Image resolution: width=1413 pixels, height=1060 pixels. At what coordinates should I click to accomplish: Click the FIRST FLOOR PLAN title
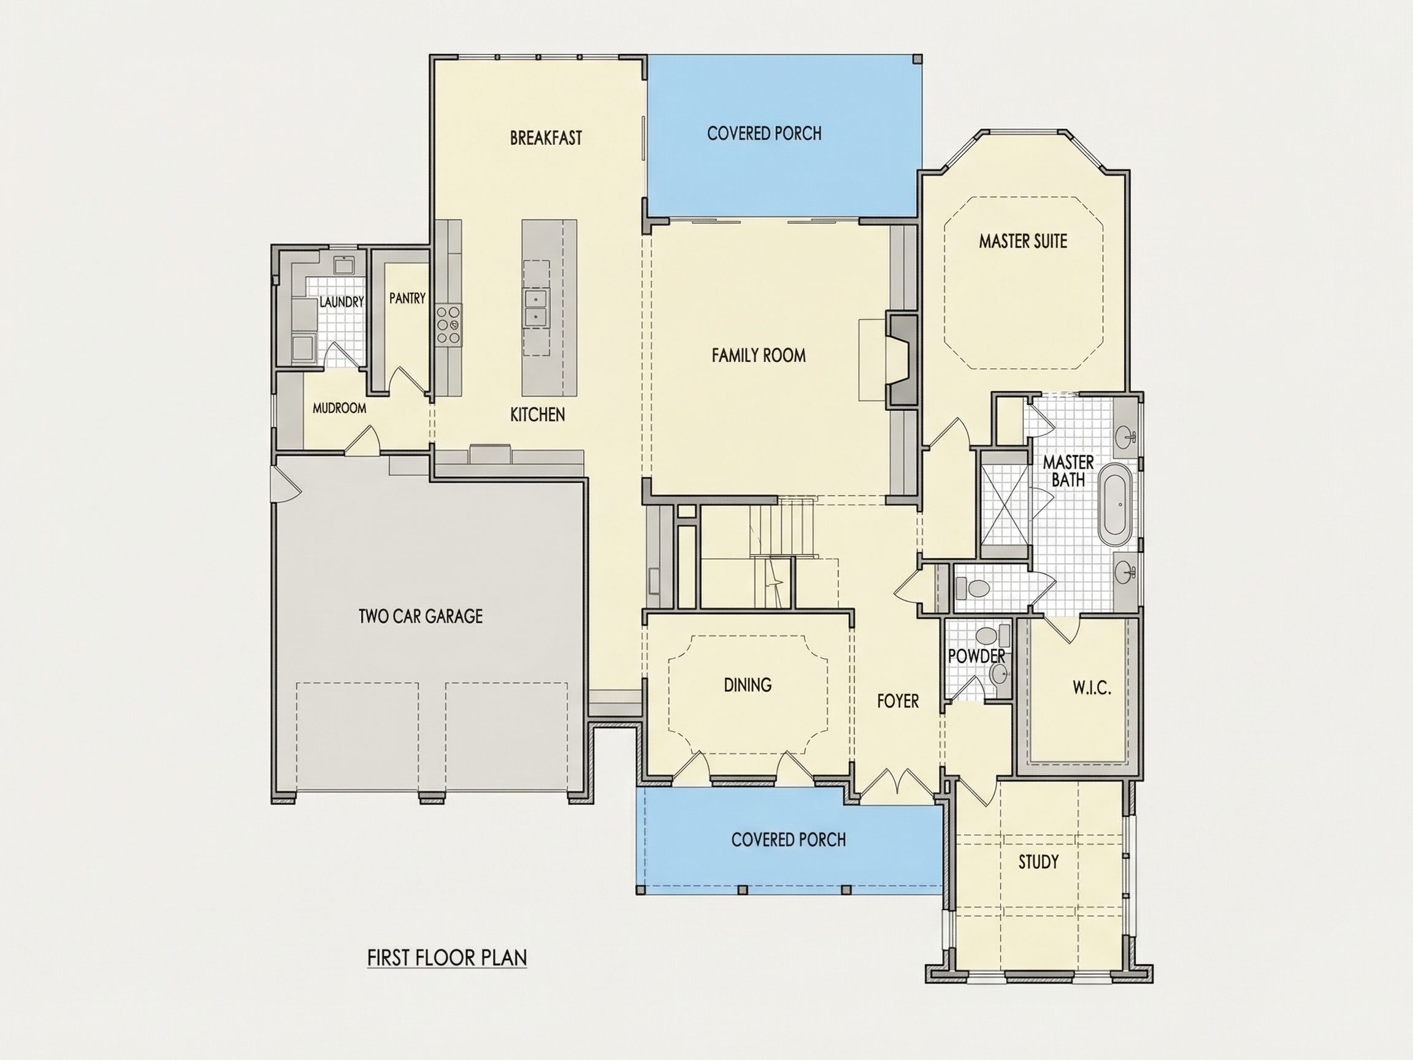tap(447, 958)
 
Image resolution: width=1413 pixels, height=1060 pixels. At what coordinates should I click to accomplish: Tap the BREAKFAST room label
tap(546, 138)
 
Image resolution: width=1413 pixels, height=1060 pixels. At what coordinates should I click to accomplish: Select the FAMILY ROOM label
tap(758, 355)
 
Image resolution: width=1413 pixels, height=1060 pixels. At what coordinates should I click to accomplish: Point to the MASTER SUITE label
tap(1023, 241)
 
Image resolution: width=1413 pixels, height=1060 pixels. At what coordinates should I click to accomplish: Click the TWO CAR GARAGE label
tap(420, 616)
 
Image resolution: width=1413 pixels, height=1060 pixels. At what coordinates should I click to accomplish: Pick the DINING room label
tap(748, 685)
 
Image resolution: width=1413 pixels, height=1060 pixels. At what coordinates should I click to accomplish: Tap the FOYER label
tap(897, 701)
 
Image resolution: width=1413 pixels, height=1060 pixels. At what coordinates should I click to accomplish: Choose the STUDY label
tap(1038, 862)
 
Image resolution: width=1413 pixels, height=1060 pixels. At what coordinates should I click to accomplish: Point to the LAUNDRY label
tap(341, 302)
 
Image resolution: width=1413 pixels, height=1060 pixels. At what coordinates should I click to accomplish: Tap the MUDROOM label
tap(339, 408)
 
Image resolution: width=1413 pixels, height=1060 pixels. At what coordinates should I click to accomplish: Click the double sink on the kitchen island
tap(535, 307)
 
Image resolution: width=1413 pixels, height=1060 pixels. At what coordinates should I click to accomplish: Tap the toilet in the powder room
tap(987, 636)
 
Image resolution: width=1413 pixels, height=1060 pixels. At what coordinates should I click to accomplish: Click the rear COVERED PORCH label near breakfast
tap(764, 134)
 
